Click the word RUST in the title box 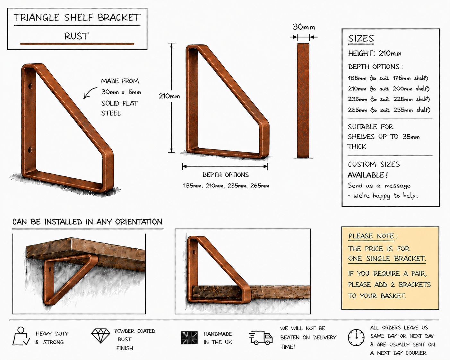[x=76, y=36]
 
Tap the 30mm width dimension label [x=304, y=27]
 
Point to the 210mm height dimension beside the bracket [x=169, y=96]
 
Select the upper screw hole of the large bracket [x=30, y=86]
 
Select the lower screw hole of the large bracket [x=30, y=150]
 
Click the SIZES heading [x=361, y=39]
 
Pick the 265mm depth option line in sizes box [x=389, y=110]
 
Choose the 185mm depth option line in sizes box [x=388, y=78]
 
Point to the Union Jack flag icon [x=189, y=338]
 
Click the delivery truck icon [x=261, y=338]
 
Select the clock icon [x=356, y=338]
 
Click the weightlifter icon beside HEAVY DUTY [x=21, y=336]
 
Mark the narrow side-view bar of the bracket [x=303, y=101]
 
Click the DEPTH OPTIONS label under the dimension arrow [x=226, y=175]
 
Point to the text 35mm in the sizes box [x=411, y=137]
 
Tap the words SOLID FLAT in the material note [x=119, y=103]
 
